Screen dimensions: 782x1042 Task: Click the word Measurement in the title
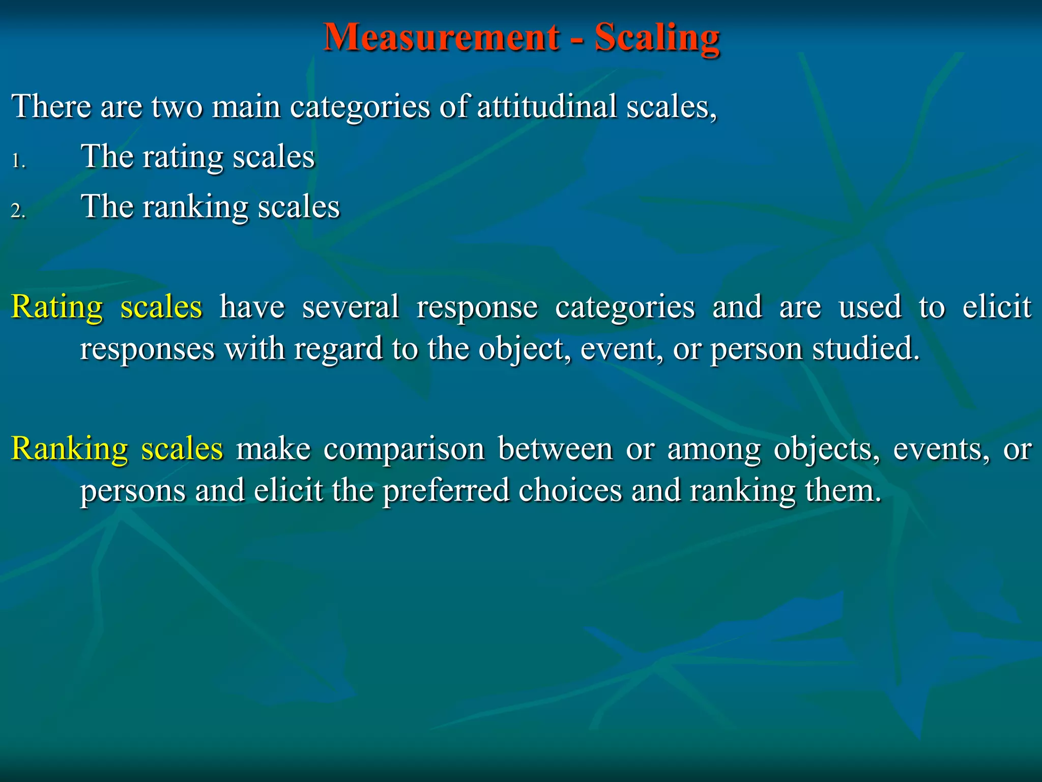[x=441, y=37]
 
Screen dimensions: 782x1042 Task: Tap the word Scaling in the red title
[x=657, y=38]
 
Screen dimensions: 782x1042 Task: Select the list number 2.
[x=18, y=211]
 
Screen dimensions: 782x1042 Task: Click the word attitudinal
[x=546, y=106]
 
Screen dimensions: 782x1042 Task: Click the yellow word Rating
[x=57, y=308]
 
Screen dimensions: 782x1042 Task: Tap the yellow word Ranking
[x=70, y=450]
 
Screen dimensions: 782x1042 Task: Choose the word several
[x=351, y=308]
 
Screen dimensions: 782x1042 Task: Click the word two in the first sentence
[x=177, y=107]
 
